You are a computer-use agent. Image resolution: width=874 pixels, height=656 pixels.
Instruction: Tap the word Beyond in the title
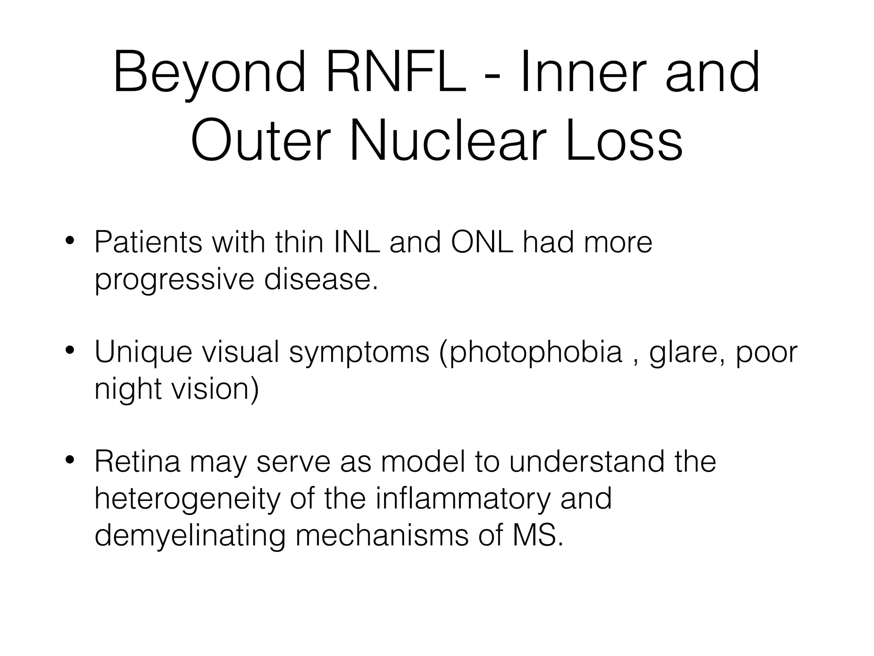point(209,73)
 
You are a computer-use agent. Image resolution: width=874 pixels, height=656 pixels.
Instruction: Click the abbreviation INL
point(357,242)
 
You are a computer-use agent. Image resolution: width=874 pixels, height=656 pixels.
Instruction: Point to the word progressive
point(174,280)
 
